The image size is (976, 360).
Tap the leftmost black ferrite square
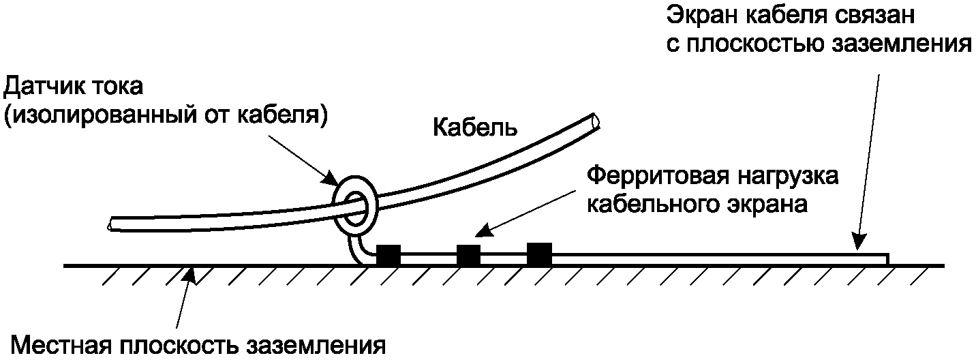388,255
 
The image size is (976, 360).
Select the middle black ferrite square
468,255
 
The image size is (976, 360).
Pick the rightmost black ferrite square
539,254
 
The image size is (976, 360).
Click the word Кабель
475,127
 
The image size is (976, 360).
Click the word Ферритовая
657,177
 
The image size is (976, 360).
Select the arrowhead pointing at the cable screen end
859,241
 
